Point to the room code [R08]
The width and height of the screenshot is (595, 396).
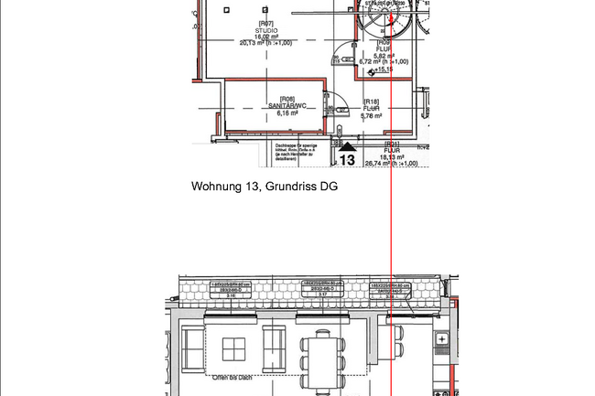(287, 99)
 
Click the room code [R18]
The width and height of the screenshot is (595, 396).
(371, 102)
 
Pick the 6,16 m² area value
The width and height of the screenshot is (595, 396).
(287, 113)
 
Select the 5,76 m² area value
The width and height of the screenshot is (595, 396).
(371, 116)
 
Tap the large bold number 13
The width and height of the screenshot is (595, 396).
(347, 160)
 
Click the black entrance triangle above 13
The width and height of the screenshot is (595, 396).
(347, 146)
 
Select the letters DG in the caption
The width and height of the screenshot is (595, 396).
(329, 187)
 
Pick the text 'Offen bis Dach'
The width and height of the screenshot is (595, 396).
(231, 377)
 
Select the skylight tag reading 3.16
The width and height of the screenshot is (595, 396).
(232, 296)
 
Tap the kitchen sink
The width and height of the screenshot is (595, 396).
(443, 339)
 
